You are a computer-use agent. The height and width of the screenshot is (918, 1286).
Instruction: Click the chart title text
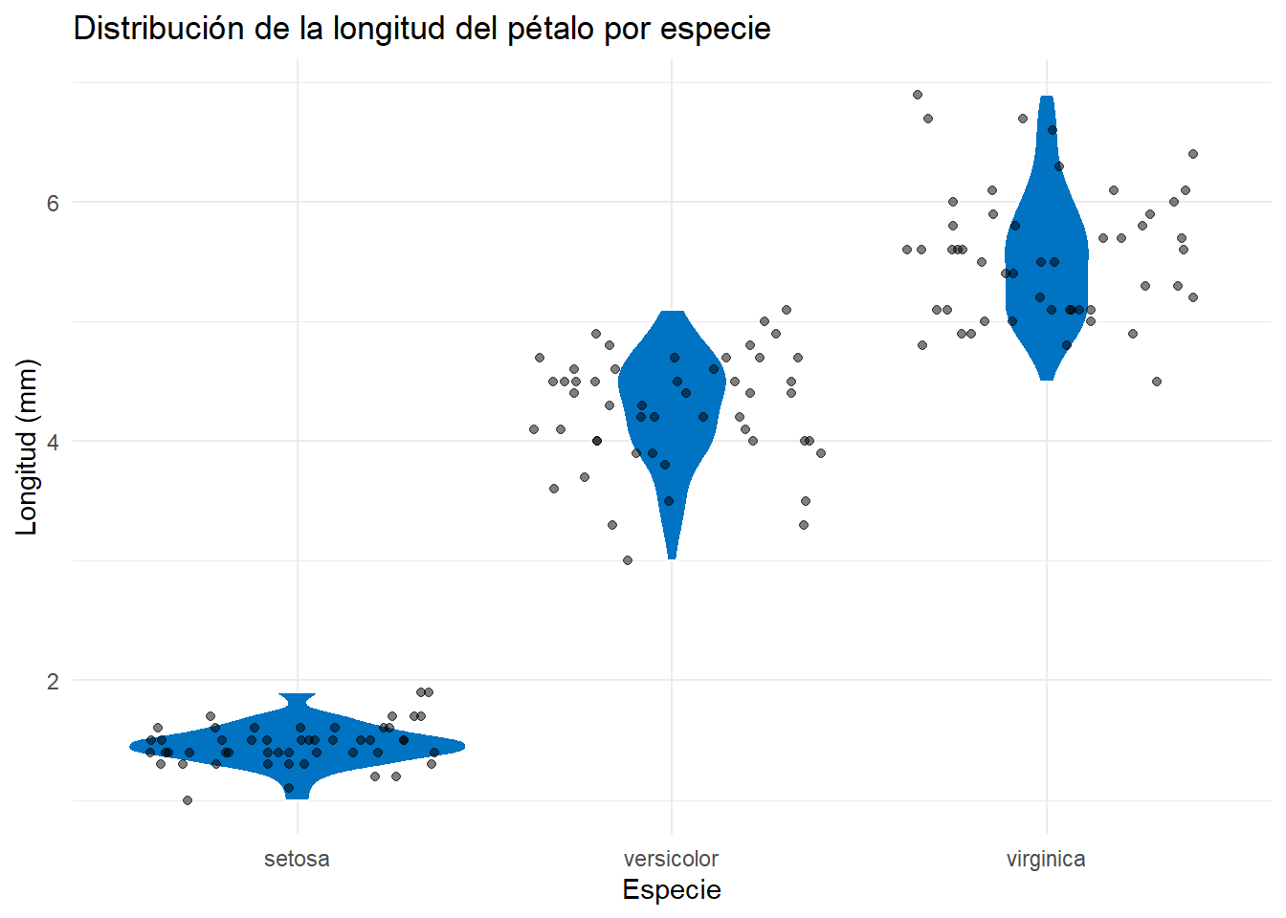coord(422,29)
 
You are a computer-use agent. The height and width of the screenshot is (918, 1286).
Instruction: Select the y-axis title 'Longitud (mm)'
coord(27,447)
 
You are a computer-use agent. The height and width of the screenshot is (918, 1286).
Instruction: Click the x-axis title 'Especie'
coord(672,889)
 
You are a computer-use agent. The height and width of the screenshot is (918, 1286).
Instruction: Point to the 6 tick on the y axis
coord(53,203)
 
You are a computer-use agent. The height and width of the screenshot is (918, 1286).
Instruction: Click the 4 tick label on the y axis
coord(53,442)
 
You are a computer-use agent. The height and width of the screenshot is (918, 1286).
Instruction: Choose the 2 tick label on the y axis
coord(53,681)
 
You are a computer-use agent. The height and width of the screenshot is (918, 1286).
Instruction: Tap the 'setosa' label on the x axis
coord(297,859)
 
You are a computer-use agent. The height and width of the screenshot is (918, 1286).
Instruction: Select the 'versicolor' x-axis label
coord(671,859)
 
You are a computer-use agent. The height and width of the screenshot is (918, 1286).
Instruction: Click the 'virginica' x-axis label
coord(1046,859)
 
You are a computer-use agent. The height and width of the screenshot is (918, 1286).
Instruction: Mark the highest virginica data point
coord(918,95)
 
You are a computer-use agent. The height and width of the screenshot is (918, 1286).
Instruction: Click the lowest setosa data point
coord(188,800)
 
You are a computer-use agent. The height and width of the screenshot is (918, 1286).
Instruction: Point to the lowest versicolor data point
coord(628,560)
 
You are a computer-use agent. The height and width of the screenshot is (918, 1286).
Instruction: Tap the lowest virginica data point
coord(1157,382)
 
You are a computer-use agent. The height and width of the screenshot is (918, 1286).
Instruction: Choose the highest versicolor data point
coord(787,310)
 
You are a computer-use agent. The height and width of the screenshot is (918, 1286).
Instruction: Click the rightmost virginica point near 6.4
coord(1193,154)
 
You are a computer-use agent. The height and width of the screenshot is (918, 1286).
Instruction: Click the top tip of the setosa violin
coord(298,696)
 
